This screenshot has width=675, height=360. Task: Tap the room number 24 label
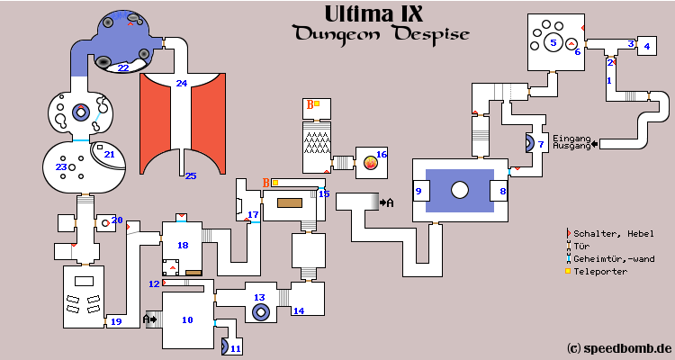pos(181,84)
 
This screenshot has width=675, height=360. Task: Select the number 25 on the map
pos(190,175)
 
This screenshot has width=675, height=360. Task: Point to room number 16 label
pos(381,155)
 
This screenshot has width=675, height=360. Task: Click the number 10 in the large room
pos(187,319)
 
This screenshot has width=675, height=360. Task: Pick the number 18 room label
pos(183,245)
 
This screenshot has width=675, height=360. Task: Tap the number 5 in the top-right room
pos(553,41)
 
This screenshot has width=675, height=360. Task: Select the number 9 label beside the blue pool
pos(418,191)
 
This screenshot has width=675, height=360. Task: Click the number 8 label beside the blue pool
pos(503,191)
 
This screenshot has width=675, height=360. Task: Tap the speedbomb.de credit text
pos(620,347)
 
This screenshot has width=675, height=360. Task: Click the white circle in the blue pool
pos(460,190)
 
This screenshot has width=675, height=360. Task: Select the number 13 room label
pos(259,297)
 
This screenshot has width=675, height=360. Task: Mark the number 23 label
pos(61,166)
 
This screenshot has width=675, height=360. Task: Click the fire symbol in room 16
pos(369,163)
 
